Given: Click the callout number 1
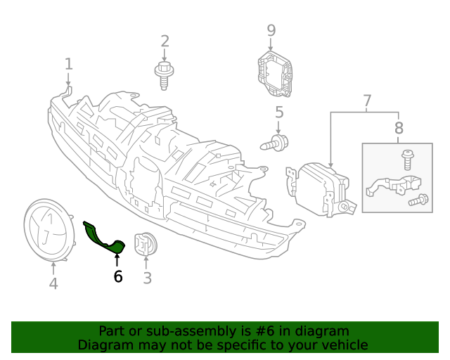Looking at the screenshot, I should point(68,64).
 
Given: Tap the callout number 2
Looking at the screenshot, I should point(165,41).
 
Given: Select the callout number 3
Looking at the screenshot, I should point(147,278).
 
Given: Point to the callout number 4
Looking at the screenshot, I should point(53,283).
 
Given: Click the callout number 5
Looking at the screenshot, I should point(278,112).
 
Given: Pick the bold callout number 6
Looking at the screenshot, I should point(117,277).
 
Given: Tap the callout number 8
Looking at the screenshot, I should point(399,128).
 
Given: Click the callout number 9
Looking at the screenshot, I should point(271,30).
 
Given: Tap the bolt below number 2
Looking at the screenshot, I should point(165,74).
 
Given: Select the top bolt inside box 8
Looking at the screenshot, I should point(406,159).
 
